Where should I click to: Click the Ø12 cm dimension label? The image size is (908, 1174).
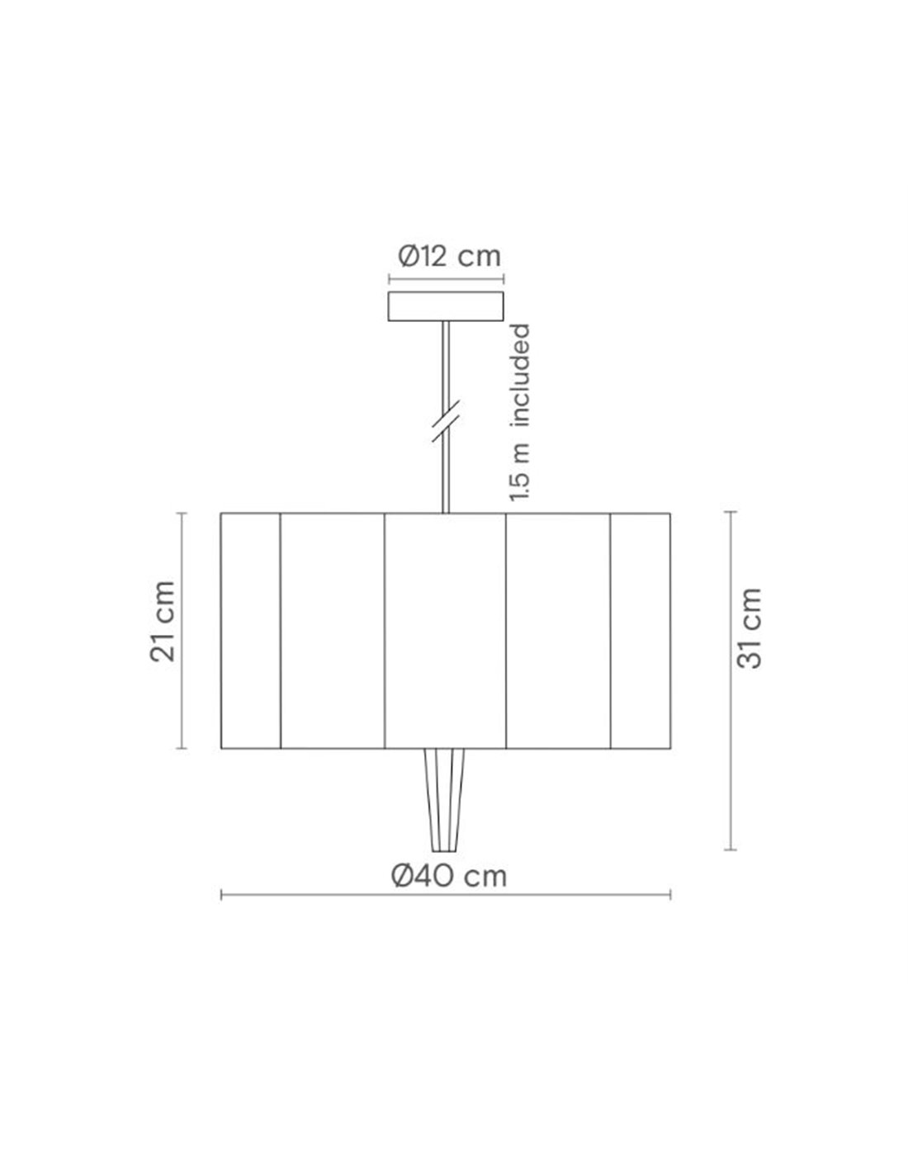449,257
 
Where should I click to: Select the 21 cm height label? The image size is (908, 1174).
163,622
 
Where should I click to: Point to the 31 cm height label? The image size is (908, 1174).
750,628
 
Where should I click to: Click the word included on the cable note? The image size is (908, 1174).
521,376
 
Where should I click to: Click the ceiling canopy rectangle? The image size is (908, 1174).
446,306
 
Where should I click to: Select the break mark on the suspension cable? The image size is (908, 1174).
446,421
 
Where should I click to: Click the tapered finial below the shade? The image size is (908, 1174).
444,800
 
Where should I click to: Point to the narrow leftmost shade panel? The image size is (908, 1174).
251,631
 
